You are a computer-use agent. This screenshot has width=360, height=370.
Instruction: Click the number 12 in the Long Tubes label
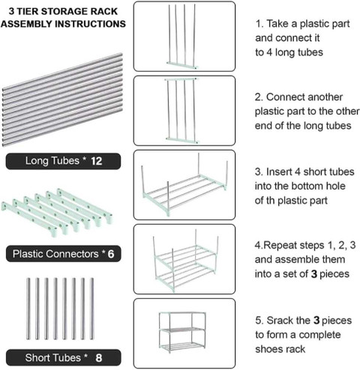97,161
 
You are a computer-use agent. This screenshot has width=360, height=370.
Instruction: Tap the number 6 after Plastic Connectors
111,254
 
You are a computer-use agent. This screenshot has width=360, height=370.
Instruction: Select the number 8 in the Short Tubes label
99,358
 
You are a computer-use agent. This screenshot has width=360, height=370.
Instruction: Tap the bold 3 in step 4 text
314,274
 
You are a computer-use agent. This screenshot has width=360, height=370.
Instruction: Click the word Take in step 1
277,24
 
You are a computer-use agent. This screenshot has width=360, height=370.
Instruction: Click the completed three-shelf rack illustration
182,333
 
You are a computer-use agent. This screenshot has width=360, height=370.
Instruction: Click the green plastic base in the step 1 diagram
182,65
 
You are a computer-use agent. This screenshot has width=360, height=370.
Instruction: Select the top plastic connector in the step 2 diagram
181,79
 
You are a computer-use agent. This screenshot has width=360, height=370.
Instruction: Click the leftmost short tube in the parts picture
28,309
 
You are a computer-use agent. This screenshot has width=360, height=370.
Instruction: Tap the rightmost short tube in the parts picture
91,309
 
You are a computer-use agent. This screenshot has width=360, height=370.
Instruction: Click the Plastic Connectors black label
63,254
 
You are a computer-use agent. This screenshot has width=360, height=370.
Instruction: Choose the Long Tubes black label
63,161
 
